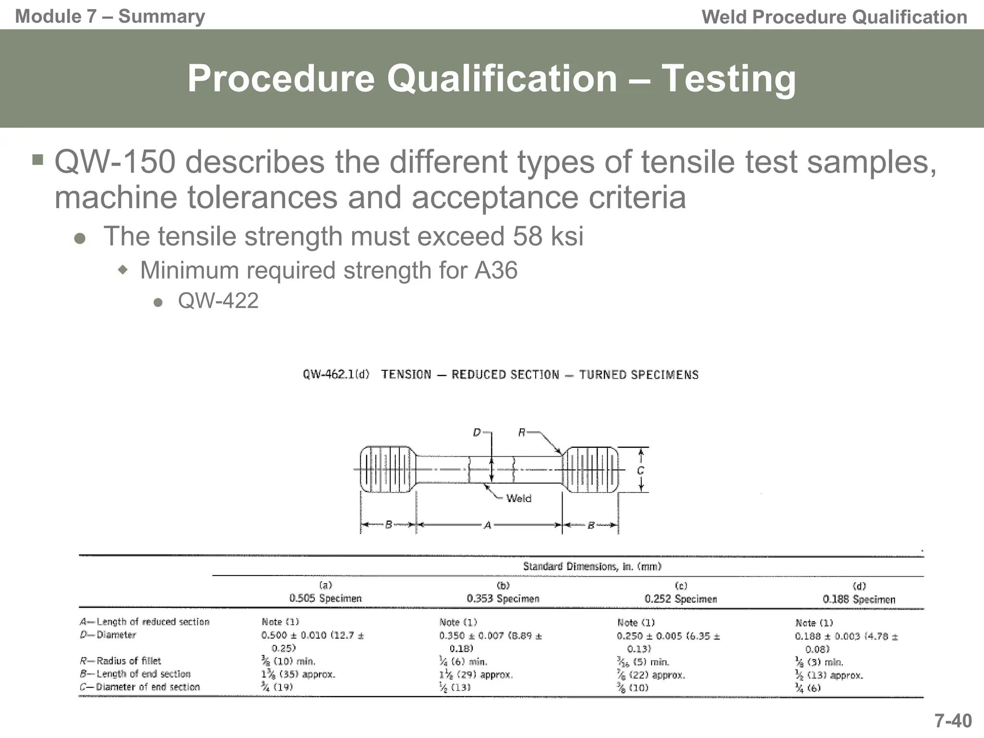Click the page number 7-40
pyautogui.click(x=953, y=721)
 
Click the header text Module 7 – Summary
pyautogui.click(x=110, y=16)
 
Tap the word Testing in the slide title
pyautogui.click(x=728, y=79)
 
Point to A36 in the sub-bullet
pyautogui.click(x=496, y=270)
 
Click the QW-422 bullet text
pyautogui.click(x=218, y=301)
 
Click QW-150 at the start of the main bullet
pyautogui.click(x=115, y=162)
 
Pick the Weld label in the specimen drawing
pyautogui.click(x=518, y=498)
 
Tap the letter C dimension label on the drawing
pyautogui.click(x=640, y=471)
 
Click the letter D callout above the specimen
pyautogui.click(x=477, y=432)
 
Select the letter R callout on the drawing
pyautogui.click(x=522, y=432)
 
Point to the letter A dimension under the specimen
pyautogui.click(x=488, y=526)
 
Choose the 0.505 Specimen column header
pyautogui.click(x=325, y=598)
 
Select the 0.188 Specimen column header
pyautogui.click(x=859, y=599)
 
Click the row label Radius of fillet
pyautogui.click(x=120, y=661)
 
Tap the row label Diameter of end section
pyautogui.click(x=139, y=687)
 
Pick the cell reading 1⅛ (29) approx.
pyautogui.click(x=476, y=675)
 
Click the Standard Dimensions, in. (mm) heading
pyautogui.click(x=592, y=566)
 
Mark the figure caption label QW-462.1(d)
pyautogui.click(x=336, y=374)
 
